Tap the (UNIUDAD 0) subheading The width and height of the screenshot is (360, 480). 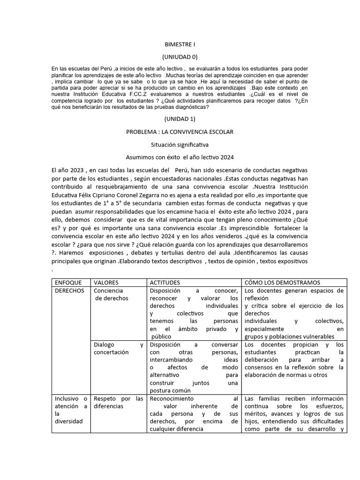tap(180, 57)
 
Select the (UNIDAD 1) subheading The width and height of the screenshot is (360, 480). tap(180, 120)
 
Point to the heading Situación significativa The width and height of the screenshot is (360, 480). tap(180, 145)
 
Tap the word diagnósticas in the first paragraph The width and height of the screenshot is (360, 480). tap(187, 107)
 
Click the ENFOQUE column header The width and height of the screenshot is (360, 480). tap(68, 283)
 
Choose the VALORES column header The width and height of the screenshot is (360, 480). tap(106, 283)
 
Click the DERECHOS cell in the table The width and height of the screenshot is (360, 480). tap(70, 291)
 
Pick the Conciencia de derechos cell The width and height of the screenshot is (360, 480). tap(109, 294)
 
